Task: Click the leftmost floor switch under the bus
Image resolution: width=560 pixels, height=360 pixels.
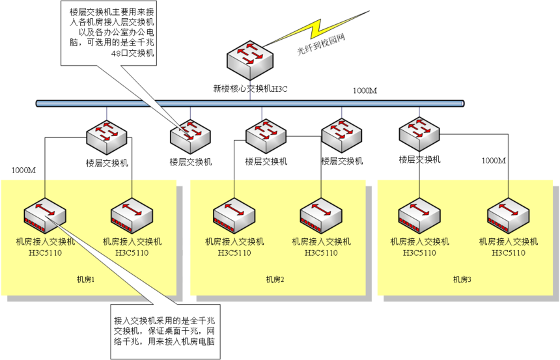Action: coord(107,135)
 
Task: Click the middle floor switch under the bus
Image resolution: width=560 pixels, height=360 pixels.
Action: coord(266,135)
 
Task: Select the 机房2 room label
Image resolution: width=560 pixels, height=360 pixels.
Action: coord(275,280)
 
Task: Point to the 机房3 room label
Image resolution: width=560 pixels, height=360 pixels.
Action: coord(462,280)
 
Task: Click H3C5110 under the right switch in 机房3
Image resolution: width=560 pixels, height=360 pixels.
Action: coord(509,253)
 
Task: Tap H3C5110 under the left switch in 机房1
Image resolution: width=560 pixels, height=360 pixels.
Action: coord(45,253)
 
